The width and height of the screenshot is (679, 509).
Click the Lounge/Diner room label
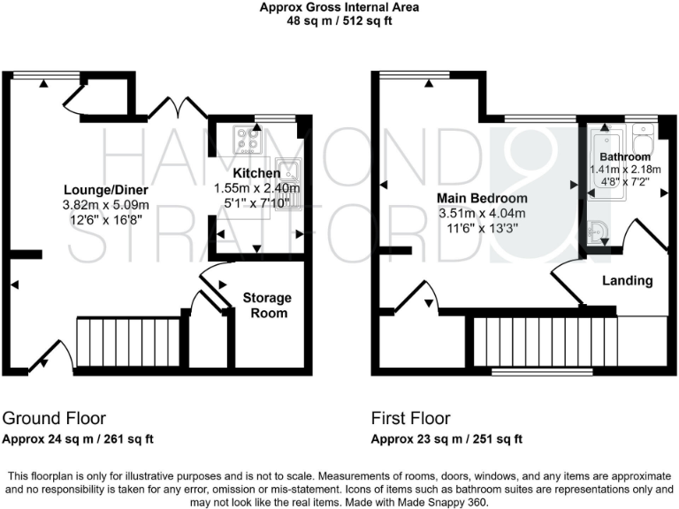(x=105, y=190)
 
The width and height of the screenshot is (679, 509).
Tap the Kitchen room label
(x=256, y=173)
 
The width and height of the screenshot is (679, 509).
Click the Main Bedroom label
(x=483, y=198)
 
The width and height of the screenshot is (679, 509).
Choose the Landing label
(x=627, y=281)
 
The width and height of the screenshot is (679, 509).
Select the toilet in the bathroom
(x=643, y=142)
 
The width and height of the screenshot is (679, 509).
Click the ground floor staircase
(x=128, y=343)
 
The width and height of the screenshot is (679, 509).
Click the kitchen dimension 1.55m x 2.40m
(x=256, y=188)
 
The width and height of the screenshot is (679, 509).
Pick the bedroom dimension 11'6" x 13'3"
(x=483, y=228)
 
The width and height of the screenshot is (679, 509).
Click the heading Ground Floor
(x=54, y=418)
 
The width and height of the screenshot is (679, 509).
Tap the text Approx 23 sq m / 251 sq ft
(x=447, y=438)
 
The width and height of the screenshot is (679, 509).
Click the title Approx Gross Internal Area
(x=339, y=8)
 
